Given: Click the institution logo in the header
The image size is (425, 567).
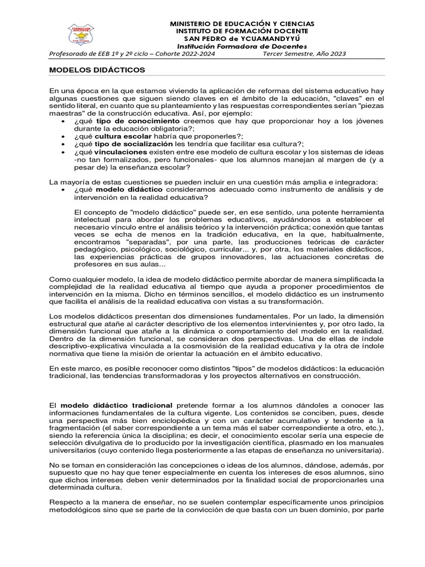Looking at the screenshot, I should pos(80,35).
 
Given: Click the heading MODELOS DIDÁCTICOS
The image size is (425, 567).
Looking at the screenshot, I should pos(97,71).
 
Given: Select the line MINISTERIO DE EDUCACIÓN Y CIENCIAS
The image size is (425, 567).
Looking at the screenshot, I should pos(241,24).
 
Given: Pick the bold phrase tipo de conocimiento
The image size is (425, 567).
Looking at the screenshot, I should pos(138,121).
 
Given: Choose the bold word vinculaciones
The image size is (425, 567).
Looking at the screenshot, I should pos(121,152).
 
